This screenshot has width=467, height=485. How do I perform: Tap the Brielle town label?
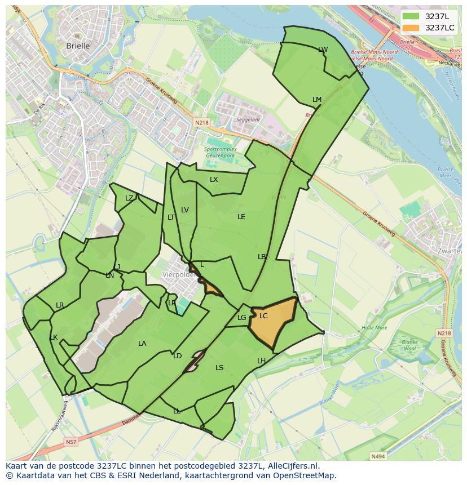(78, 46)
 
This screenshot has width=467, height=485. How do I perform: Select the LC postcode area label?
(263, 316)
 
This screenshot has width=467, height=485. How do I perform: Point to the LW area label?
(323, 50)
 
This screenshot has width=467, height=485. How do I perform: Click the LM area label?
(317, 100)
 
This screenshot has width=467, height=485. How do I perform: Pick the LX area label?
(214, 180)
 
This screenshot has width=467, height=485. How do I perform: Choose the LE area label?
(241, 216)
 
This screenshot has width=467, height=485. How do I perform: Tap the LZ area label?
(129, 198)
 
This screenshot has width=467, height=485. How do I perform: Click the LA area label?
(142, 344)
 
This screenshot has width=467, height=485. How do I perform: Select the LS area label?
(219, 368)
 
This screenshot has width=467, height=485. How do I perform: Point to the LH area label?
(261, 361)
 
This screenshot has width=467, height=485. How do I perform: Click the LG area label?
(242, 318)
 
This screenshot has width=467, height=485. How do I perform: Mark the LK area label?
(54, 337)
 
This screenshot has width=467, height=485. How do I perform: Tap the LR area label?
(60, 305)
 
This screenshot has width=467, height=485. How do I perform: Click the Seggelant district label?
(248, 119)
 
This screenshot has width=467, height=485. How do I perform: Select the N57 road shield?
(71, 442)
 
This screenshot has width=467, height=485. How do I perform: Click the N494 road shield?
(377, 456)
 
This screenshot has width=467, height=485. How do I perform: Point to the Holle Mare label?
(375, 327)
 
